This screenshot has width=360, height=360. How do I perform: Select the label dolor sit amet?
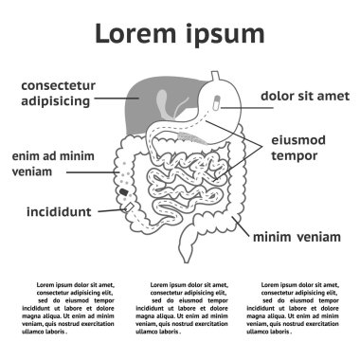pos(303,96)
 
